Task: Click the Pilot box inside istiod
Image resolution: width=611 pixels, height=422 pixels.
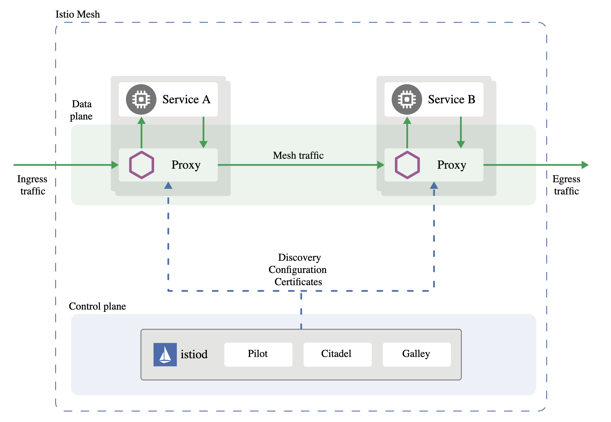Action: [x=258, y=354]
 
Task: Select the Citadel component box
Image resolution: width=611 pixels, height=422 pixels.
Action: [x=337, y=354]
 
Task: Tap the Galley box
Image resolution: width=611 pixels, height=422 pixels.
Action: [x=417, y=354]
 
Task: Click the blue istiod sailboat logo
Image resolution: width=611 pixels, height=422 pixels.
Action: [x=165, y=354]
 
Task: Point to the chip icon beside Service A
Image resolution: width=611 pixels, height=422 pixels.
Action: [x=141, y=99]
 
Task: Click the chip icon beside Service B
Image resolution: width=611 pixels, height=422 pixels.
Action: [x=407, y=99]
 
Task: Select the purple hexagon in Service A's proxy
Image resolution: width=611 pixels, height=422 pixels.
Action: [x=142, y=165]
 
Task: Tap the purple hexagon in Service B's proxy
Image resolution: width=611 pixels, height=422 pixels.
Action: [x=407, y=165]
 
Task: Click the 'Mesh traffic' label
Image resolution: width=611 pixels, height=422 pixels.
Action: [x=298, y=155]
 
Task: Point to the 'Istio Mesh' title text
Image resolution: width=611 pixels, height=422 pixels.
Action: [x=78, y=14]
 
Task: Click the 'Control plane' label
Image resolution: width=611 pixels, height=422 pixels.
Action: [x=97, y=306]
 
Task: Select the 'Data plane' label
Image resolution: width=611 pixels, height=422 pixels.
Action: [x=81, y=110]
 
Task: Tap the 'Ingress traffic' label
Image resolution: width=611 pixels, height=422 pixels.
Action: [x=32, y=185]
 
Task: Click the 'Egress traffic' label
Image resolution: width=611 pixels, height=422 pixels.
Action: [x=566, y=185]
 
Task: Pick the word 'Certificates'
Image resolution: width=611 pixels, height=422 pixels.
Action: [x=298, y=282]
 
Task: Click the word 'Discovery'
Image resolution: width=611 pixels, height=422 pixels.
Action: [x=300, y=258]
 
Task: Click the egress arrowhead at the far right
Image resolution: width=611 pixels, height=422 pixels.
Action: [x=585, y=165]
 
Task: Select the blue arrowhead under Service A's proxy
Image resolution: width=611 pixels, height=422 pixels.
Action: [x=168, y=185]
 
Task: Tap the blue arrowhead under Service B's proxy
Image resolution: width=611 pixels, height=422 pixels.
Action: [x=434, y=185]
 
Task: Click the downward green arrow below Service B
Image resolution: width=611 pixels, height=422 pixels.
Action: [x=461, y=132]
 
